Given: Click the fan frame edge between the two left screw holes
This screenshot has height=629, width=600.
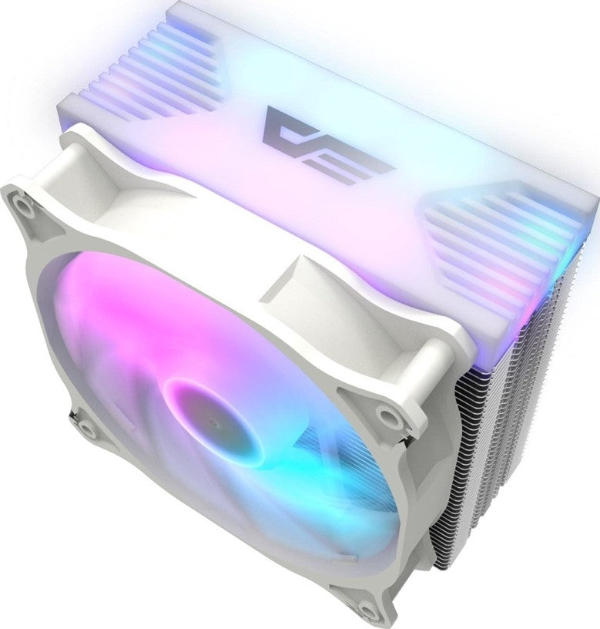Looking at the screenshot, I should pyautogui.click(x=39, y=308).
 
